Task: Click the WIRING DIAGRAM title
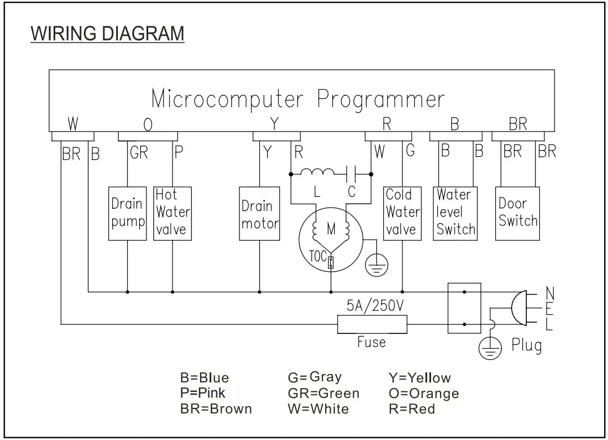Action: [107, 33]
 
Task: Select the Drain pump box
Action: [127, 213]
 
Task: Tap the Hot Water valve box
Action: [172, 213]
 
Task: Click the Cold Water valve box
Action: [402, 213]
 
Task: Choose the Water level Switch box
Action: [455, 213]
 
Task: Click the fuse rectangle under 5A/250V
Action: [372, 324]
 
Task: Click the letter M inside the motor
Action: [331, 230]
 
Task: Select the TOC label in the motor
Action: [318, 257]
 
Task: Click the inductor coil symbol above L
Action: [317, 171]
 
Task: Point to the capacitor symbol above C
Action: [352, 171]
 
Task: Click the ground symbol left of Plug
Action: [490, 349]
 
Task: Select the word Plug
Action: [526, 345]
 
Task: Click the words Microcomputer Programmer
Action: [298, 99]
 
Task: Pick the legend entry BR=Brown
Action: [216, 408]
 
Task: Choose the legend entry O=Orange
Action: [424, 393]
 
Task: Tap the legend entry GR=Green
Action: [323, 393]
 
